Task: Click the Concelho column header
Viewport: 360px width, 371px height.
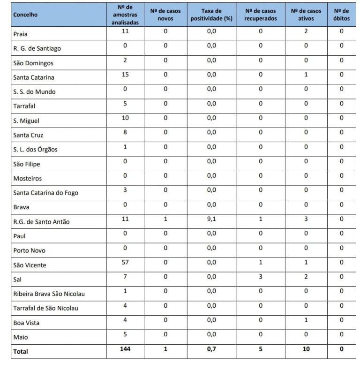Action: (x=26, y=15)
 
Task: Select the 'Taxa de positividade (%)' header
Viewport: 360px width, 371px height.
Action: (x=211, y=15)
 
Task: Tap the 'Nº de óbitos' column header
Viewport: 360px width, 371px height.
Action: (x=341, y=15)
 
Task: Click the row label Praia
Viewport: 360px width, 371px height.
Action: (x=21, y=34)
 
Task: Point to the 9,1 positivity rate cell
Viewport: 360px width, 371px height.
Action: (x=211, y=219)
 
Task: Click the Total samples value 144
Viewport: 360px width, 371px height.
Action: (x=125, y=349)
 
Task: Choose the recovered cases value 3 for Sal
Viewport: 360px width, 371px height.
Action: (x=260, y=276)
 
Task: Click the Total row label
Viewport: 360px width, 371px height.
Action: (x=21, y=351)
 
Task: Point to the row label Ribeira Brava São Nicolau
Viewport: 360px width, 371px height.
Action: (x=50, y=294)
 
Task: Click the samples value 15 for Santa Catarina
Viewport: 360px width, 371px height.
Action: (x=125, y=75)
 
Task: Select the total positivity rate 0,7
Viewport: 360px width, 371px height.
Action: (x=211, y=349)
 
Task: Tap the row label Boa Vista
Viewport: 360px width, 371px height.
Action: (x=26, y=323)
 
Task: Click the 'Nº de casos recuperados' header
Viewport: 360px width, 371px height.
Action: (x=260, y=15)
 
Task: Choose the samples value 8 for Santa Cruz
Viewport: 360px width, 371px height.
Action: (x=125, y=132)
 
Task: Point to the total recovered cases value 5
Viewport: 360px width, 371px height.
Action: (x=260, y=349)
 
